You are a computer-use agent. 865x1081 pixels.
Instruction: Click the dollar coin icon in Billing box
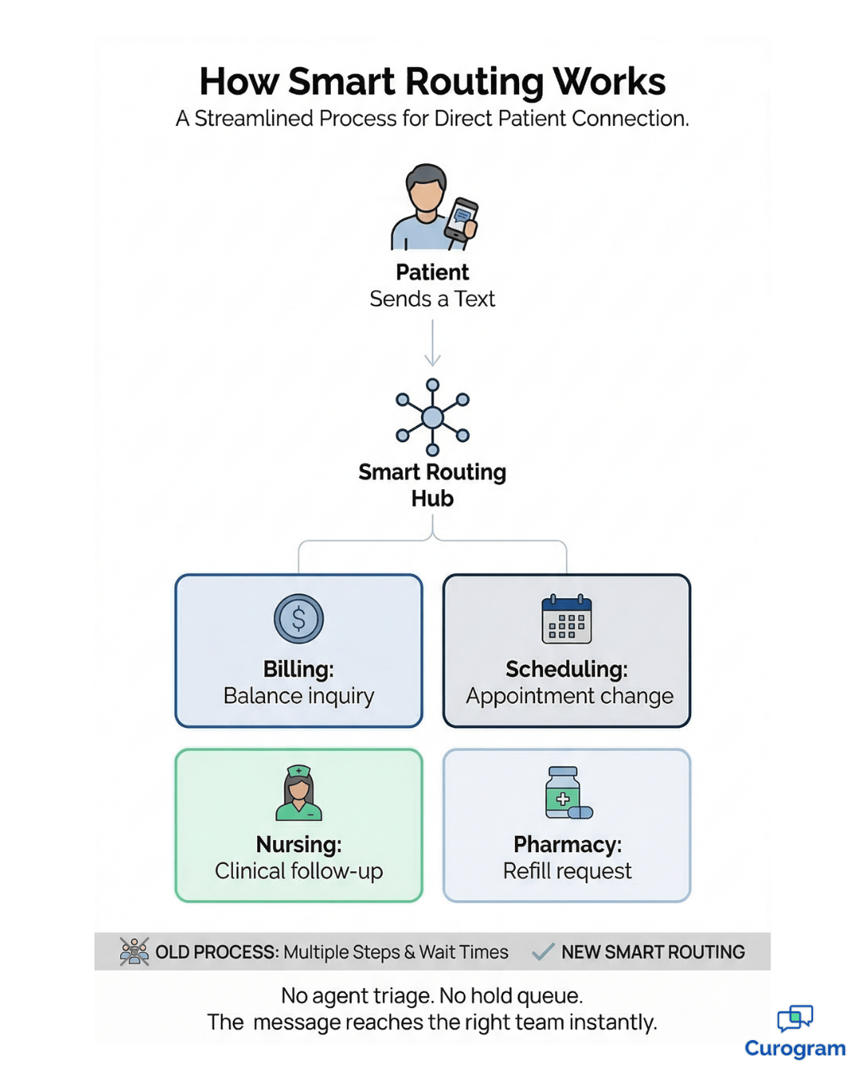point(299,619)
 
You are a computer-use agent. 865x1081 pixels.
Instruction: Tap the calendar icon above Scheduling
point(566,620)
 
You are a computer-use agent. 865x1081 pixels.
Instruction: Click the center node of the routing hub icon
point(432,417)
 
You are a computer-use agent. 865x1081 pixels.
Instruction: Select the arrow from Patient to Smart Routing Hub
point(432,344)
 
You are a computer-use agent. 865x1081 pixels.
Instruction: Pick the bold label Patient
point(432,272)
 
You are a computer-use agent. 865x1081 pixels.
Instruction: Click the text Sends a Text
point(432,299)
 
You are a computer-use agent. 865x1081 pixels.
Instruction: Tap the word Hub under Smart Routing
point(432,499)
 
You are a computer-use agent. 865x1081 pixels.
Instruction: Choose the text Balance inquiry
point(299,696)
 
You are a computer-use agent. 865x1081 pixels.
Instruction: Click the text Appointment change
point(569,696)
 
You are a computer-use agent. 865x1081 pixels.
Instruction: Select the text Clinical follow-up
point(299,871)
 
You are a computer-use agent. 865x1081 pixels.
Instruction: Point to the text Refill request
point(567,871)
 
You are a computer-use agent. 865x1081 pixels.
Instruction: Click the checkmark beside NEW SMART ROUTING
point(543,951)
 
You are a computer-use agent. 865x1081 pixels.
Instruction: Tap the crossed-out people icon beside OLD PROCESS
point(135,951)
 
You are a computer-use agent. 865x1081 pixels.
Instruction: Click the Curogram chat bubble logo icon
point(795,1018)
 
